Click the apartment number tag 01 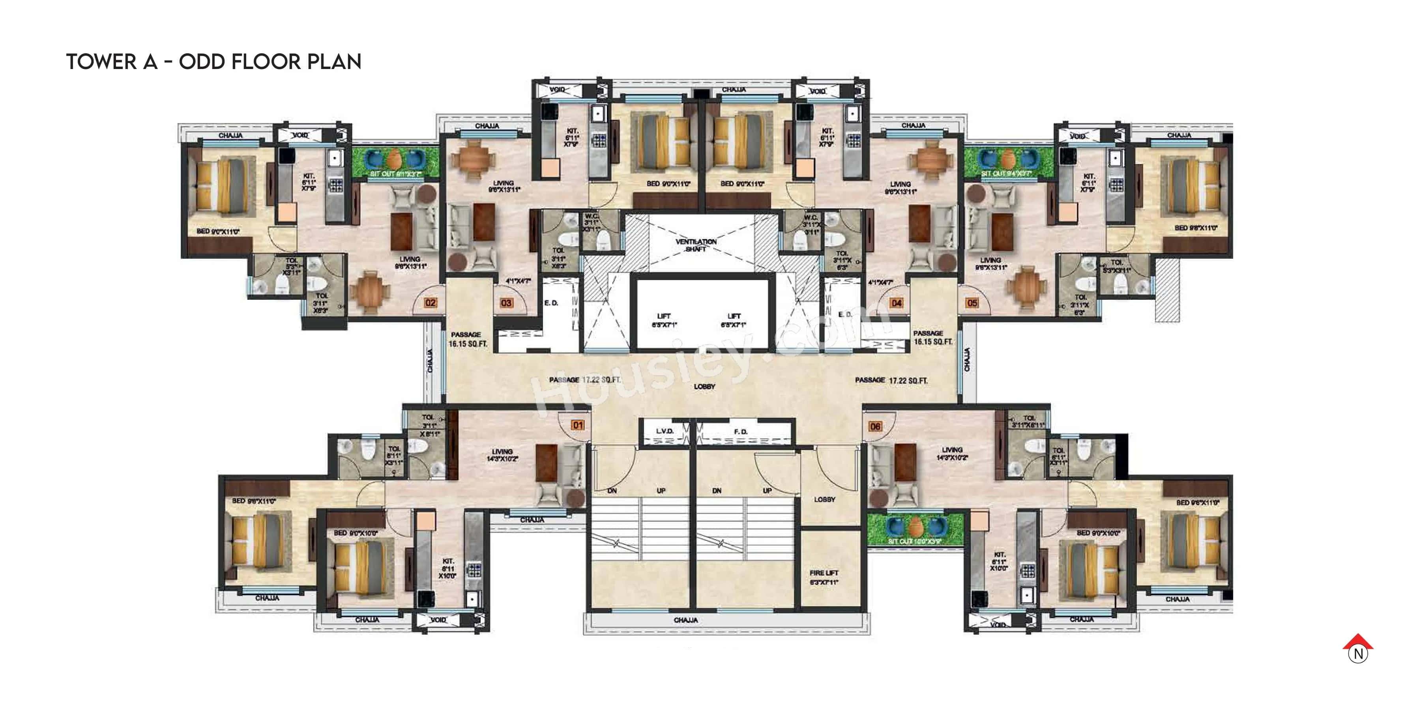tap(578, 425)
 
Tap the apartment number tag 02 tap(430, 303)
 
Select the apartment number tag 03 tap(506, 303)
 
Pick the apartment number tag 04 tap(897, 303)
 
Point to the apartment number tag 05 tap(972, 303)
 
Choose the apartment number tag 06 tap(875, 426)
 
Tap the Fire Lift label tap(824, 577)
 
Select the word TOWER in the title tap(101, 62)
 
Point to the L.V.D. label tap(665, 431)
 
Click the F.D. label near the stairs tap(741, 432)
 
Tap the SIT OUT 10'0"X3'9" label tap(915, 541)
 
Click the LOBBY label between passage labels tap(704, 387)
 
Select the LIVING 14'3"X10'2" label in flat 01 tap(502, 455)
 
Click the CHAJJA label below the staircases tap(686, 620)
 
